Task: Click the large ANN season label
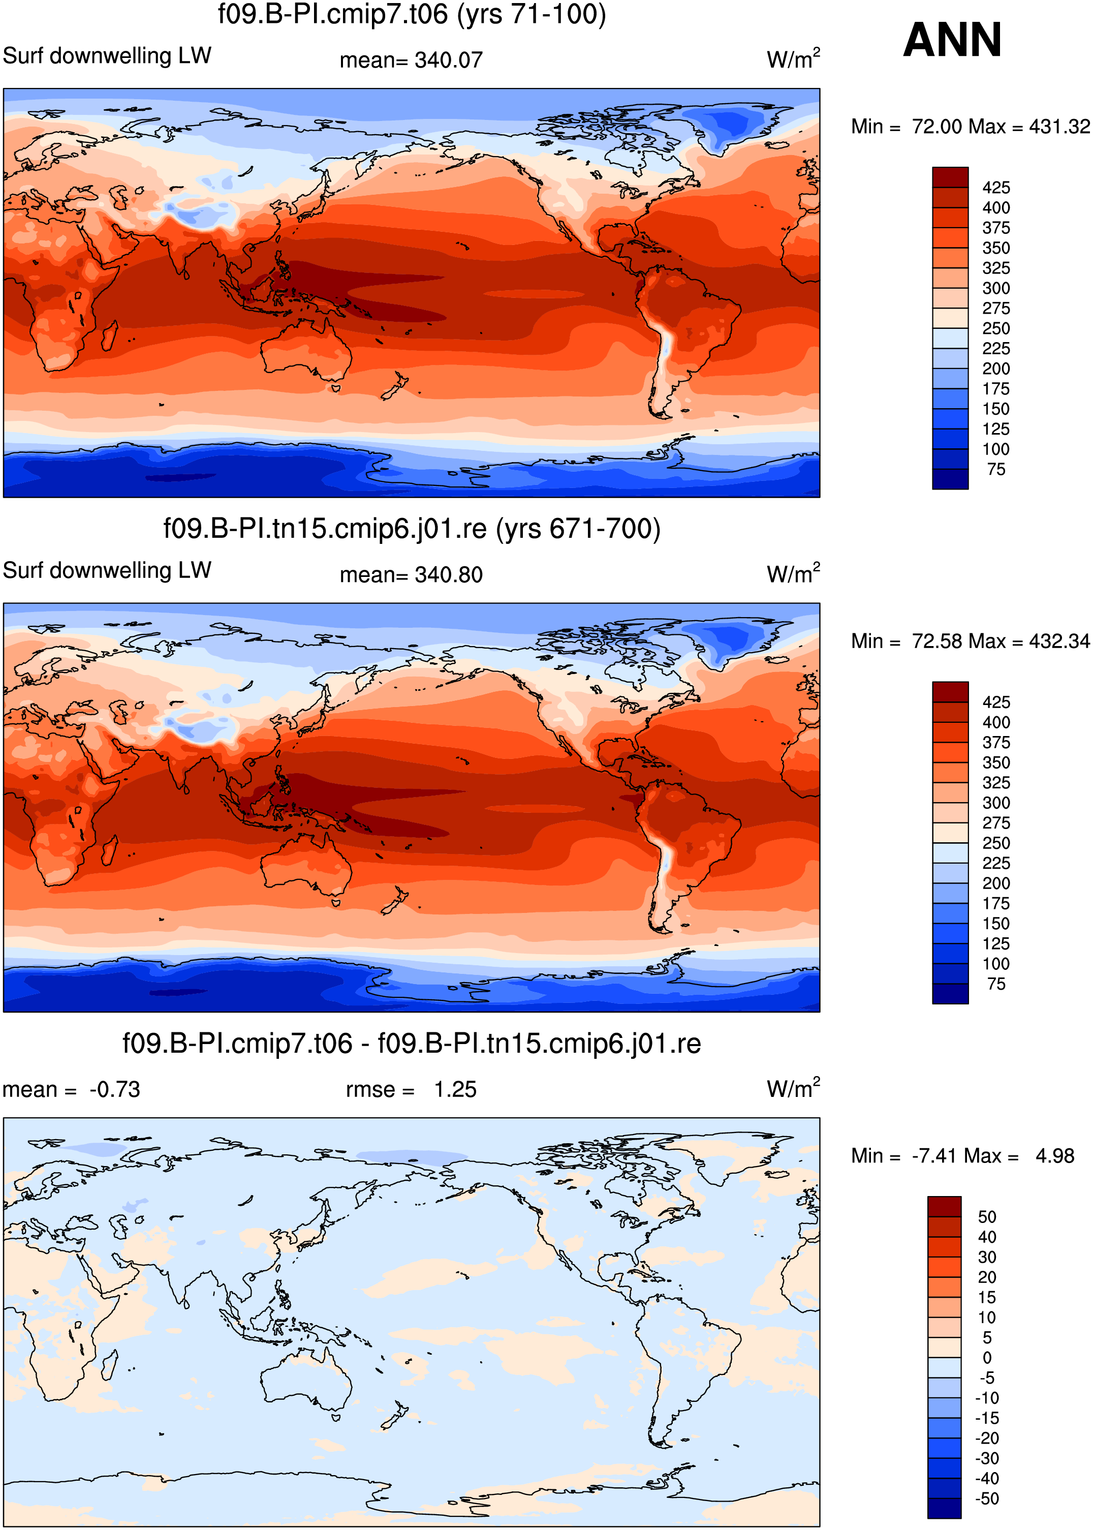click(952, 40)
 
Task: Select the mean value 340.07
click(448, 60)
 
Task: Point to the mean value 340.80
click(448, 575)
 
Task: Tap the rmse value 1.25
click(455, 1090)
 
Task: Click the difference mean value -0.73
click(114, 1090)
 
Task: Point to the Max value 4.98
click(1055, 1156)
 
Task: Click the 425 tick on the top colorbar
click(996, 188)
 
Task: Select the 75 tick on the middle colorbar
click(996, 984)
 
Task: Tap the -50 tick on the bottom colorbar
click(987, 1499)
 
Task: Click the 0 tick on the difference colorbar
click(987, 1358)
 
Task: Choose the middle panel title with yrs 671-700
click(412, 529)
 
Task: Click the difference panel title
click(412, 1044)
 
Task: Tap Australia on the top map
click(306, 350)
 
